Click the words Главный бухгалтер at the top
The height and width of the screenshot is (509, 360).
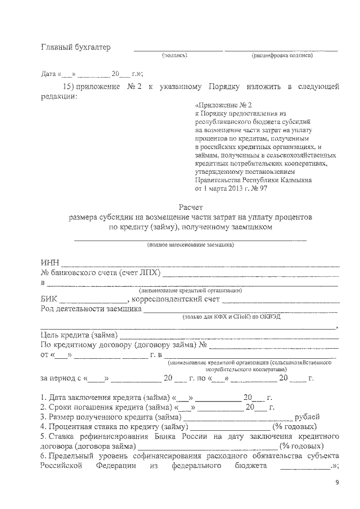(x=76, y=47)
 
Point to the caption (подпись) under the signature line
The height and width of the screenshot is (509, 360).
(x=174, y=56)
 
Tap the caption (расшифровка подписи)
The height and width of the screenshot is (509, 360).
(x=282, y=56)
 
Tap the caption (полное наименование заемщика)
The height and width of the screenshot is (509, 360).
(x=191, y=245)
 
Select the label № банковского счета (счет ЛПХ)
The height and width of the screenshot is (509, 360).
(x=101, y=273)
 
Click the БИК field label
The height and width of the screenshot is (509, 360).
(x=49, y=300)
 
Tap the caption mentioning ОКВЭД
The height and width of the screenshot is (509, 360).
(x=227, y=317)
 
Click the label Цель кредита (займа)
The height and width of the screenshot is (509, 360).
(x=79, y=336)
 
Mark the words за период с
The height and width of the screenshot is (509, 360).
(x=61, y=378)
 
